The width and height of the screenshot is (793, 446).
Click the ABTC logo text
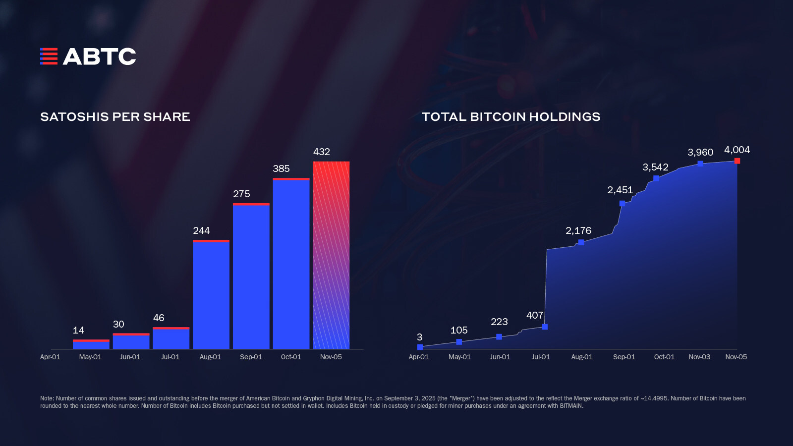(x=99, y=56)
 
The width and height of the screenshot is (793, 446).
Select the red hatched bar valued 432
(x=331, y=255)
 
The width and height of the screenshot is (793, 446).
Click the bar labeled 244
(x=211, y=295)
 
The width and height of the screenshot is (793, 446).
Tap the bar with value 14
(x=91, y=344)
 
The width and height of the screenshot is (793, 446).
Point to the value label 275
(x=241, y=194)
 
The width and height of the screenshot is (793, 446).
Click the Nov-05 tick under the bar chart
(x=331, y=357)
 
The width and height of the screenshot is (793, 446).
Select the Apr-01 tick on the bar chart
(x=50, y=357)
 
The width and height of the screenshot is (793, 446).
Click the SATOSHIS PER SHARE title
(x=115, y=117)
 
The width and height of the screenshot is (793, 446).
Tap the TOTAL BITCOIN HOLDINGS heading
(x=510, y=117)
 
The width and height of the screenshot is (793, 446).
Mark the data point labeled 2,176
(x=581, y=242)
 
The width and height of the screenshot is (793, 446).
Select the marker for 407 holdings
(x=545, y=327)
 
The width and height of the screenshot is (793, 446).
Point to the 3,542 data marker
(x=656, y=178)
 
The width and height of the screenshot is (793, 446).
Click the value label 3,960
(x=700, y=153)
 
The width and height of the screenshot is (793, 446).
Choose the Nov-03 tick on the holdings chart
(x=699, y=357)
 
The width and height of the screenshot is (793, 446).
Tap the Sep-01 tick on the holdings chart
(x=624, y=357)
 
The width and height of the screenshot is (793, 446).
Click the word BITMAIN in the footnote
(x=571, y=406)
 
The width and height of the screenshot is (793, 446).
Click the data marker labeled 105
(x=459, y=342)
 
